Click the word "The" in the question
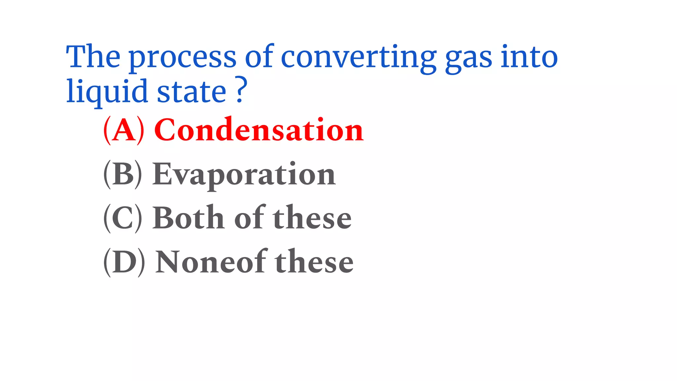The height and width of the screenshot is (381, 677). tap(93, 57)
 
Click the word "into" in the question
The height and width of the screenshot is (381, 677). tap(529, 57)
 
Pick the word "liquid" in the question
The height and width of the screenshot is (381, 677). tap(107, 92)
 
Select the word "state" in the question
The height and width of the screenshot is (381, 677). tap(191, 92)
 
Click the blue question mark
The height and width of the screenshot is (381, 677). tap(242, 90)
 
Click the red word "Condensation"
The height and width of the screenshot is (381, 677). tap(259, 130)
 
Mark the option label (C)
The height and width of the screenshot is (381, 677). tap(123, 218)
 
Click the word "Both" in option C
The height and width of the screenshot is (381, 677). tap(188, 218)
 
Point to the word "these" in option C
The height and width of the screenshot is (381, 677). tap(312, 218)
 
